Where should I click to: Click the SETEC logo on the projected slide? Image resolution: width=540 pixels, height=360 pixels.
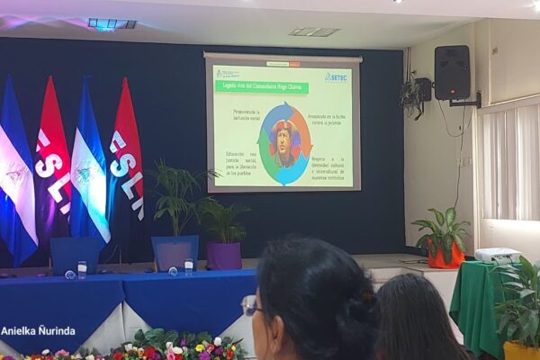pos(335,77)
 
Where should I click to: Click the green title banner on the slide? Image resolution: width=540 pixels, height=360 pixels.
pos(260,86)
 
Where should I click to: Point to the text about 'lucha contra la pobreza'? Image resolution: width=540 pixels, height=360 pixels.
pos(326,116)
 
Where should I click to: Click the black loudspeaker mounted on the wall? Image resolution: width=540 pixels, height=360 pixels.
pos(452,73)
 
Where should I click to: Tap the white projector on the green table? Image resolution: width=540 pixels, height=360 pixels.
pos(499,256)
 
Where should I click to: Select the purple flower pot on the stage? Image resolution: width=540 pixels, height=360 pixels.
pos(224,255)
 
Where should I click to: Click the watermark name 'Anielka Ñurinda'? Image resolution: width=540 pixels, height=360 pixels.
pos(38,330)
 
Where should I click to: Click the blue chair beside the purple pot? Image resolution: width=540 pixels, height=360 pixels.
pos(175,252)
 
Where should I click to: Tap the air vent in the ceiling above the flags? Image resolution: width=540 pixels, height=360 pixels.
pos(112,23)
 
